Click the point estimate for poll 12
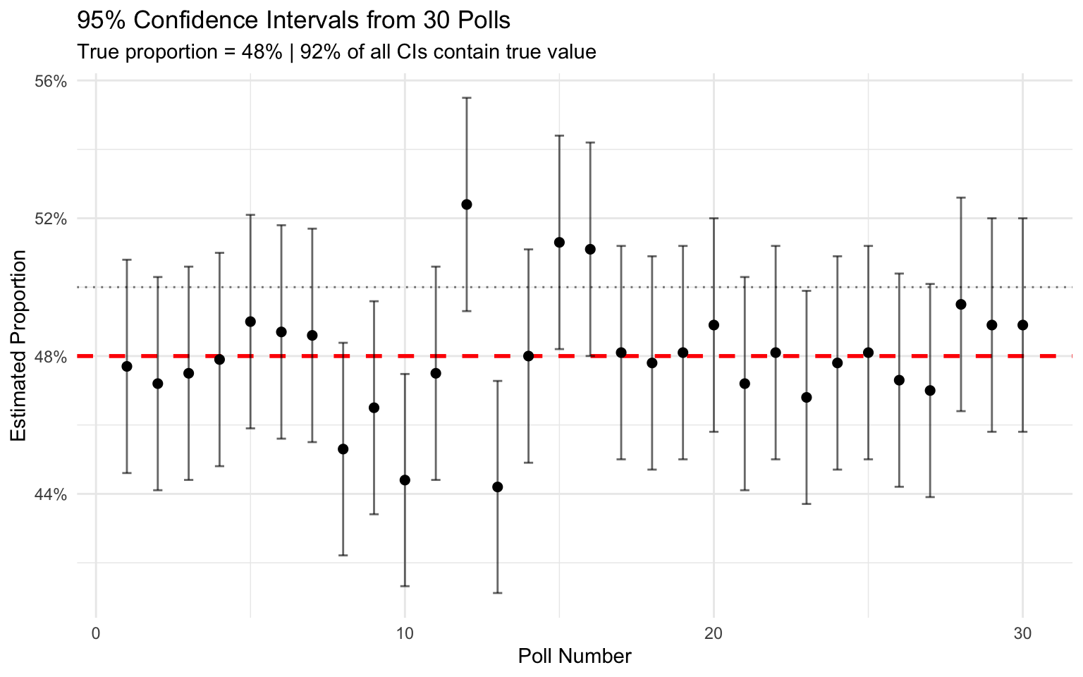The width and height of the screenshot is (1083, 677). click(466, 205)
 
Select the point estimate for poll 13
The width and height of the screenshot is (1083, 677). click(497, 487)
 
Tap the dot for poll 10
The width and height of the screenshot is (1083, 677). click(405, 480)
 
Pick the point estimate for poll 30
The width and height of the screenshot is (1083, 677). click(1022, 325)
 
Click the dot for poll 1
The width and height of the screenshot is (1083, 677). click(127, 366)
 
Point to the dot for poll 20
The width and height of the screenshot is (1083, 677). click(714, 325)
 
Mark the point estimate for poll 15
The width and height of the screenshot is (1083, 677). click(559, 243)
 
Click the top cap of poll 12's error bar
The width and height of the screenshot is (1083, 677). click(466, 98)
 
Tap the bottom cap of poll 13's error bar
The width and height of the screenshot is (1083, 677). click(497, 593)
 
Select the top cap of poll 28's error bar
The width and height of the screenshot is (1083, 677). click(960, 197)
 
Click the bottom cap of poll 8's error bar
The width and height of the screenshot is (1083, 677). click(343, 556)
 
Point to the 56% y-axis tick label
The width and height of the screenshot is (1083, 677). click(51, 81)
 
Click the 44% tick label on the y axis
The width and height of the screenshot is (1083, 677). click(51, 494)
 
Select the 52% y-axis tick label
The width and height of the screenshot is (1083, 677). click(51, 219)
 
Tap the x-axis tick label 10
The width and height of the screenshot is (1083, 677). click(405, 633)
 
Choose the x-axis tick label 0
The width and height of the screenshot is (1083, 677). click(96, 633)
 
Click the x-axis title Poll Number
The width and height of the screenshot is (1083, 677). click(575, 657)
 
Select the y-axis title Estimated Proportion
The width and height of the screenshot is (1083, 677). click(19, 346)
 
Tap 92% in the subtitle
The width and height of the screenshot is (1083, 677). click(317, 52)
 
